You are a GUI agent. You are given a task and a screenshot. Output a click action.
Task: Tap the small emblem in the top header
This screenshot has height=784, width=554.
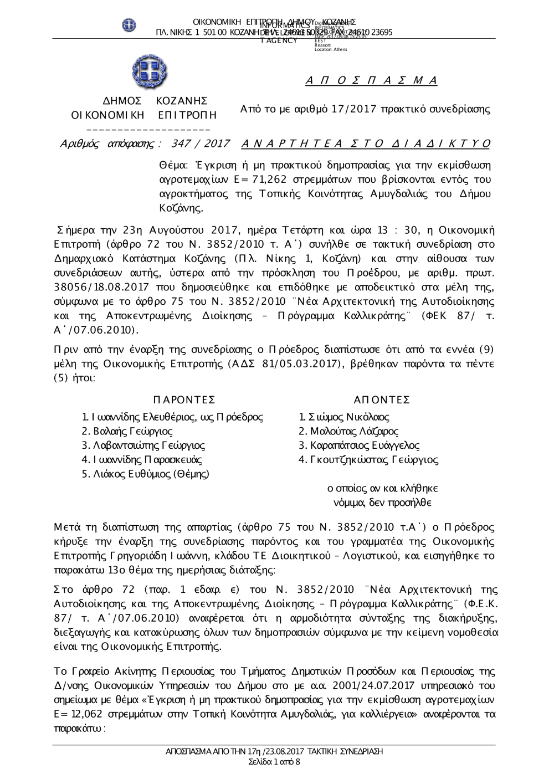click(129, 25)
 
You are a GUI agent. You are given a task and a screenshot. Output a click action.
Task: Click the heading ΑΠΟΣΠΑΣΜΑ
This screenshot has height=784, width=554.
click(371, 81)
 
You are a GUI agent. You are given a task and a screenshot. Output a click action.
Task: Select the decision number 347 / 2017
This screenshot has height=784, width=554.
click(201, 144)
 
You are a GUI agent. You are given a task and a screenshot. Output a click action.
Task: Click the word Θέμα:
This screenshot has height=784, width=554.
click(174, 166)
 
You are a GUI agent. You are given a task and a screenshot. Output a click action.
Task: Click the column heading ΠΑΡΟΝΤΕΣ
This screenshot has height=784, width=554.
click(183, 400)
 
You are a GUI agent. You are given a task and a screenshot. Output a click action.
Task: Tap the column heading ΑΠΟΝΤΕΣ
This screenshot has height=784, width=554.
click(382, 400)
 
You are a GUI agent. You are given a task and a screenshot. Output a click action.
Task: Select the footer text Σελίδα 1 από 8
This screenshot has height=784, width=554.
click(275, 762)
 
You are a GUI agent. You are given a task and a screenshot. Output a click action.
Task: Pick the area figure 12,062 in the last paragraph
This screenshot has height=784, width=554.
click(91, 715)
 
